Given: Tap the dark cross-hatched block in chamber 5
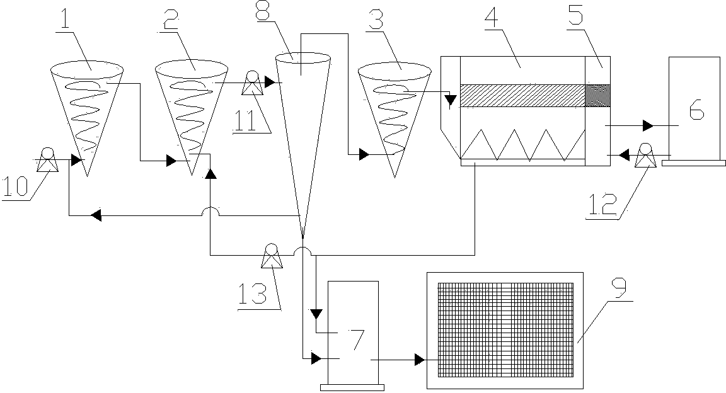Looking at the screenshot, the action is pos(598,95).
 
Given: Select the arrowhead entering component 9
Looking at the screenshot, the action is pos(420,359).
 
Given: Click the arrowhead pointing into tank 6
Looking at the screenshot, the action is pos(648,125).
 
